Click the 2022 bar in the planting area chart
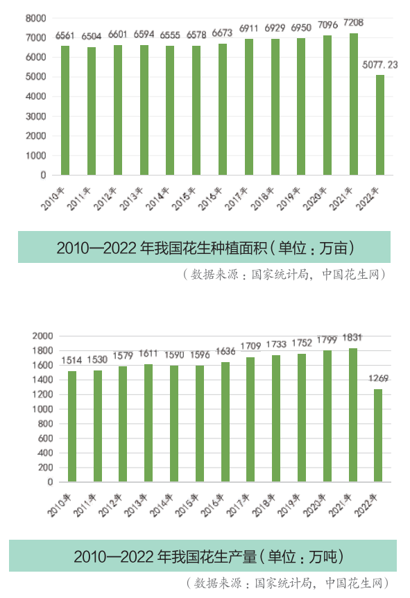[x=379, y=125]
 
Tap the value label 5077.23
[x=380, y=65]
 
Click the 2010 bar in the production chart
[x=72, y=427]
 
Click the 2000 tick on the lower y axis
[x=42, y=336]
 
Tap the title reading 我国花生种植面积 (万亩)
[x=205, y=247]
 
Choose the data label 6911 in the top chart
[x=248, y=28]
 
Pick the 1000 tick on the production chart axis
[x=42, y=409]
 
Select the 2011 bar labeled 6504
[x=92, y=111]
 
